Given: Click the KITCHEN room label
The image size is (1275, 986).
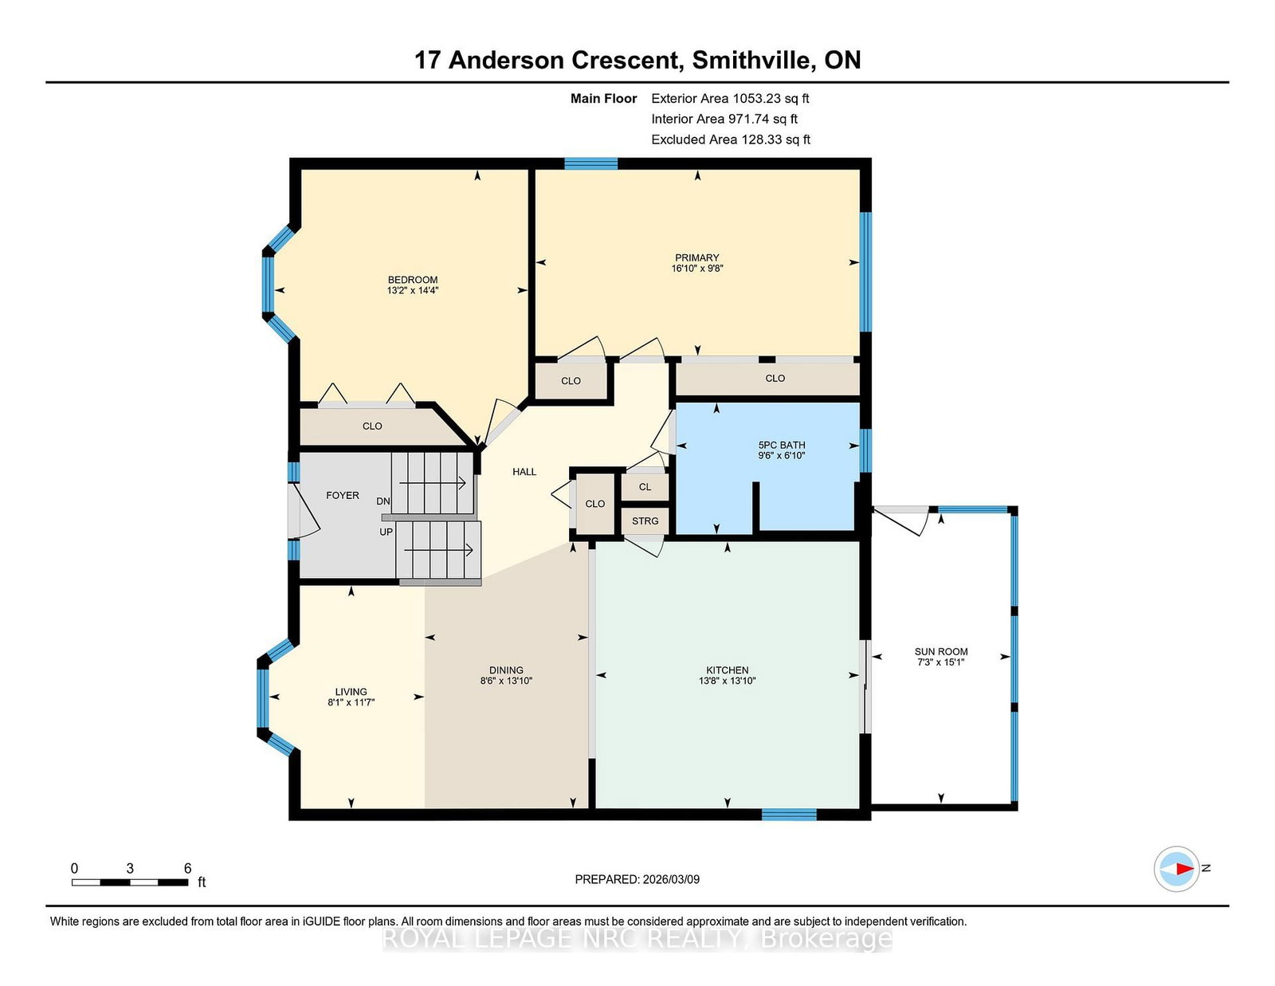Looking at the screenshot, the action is coord(727,670).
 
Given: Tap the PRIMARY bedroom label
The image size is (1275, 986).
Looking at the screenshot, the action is coord(696,257).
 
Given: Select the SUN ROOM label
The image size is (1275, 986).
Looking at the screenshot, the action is coord(940,651).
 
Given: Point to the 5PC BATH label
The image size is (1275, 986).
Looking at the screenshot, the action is coord(781,445).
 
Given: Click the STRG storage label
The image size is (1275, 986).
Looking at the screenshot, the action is coord(645,520).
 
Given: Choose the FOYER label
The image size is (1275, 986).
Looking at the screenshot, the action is coord(343,495).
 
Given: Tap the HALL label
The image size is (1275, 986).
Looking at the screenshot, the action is coord(524,471).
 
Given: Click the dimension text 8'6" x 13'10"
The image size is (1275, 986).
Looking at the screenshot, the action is coord(506,681).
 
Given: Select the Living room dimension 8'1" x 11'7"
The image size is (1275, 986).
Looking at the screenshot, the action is coord(351,702).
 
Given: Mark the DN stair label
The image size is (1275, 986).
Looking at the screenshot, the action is coord(383,501).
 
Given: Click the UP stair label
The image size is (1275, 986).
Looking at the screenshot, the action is coord(386,532).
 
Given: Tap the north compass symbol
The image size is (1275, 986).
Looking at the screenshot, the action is coord(1176,869).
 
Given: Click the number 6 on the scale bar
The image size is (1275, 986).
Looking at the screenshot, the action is coord(188,868).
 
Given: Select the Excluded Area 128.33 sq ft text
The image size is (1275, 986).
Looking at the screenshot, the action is coord(731,139).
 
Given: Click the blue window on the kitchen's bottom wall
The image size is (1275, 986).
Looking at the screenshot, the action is coord(789,814).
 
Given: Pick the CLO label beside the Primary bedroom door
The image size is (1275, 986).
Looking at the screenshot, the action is coord(571,381).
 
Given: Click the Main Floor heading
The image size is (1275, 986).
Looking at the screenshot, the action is coord(604,99).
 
